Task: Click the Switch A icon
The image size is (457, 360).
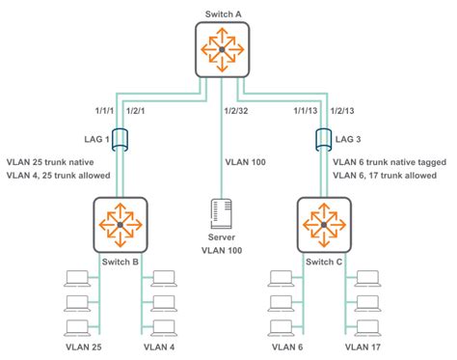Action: click(x=221, y=49)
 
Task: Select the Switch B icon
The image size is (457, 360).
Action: click(x=120, y=225)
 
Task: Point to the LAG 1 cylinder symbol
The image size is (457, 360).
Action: click(x=120, y=143)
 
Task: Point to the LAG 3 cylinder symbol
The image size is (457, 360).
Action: click(x=323, y=143)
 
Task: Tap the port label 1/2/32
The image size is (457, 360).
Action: click(x=241, y=111)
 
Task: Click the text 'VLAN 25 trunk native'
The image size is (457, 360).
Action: click(x=56, y=162)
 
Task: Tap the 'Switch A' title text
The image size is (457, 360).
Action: click(x=221, y=14)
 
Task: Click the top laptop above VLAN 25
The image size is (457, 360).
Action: click(x=75, y=280)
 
